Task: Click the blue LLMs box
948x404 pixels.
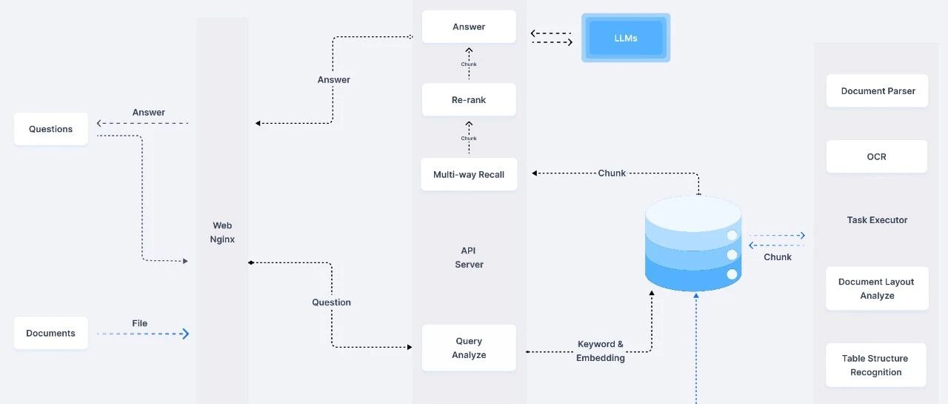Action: point(626,38)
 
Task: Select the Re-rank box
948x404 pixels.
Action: point(469,99)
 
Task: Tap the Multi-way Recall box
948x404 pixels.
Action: point(469,174)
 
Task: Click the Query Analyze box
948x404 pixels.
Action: point(469,348)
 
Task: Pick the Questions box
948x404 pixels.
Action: point(51,129)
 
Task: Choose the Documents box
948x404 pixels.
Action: point(51,333)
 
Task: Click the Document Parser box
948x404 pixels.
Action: point(878,90)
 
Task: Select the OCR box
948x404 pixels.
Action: point(876,156)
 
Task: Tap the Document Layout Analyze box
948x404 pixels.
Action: point(877,288)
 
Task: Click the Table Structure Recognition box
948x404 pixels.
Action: point(876,365)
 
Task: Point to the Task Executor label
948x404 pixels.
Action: point(877,219)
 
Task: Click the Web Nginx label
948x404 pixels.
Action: point(222,232)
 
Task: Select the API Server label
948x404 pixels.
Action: point(469,257)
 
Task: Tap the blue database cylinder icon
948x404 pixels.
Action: point(693,243)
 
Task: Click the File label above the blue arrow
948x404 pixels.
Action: point(140,323)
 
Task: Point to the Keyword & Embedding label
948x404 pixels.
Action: point(601,351)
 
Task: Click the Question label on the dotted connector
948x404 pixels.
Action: point(331,302)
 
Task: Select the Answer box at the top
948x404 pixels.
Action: point(469,27)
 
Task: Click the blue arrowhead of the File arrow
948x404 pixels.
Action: point(184,334)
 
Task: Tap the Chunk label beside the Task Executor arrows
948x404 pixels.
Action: point(778,257)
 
